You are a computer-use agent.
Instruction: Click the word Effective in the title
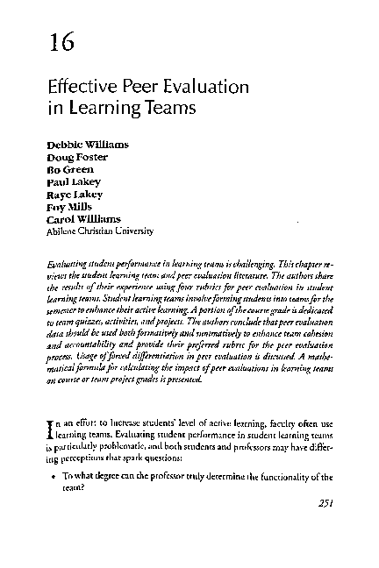pyautogui.click(x=81, y=89)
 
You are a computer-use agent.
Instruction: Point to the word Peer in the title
pyautogui.click(x=139, y=89)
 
